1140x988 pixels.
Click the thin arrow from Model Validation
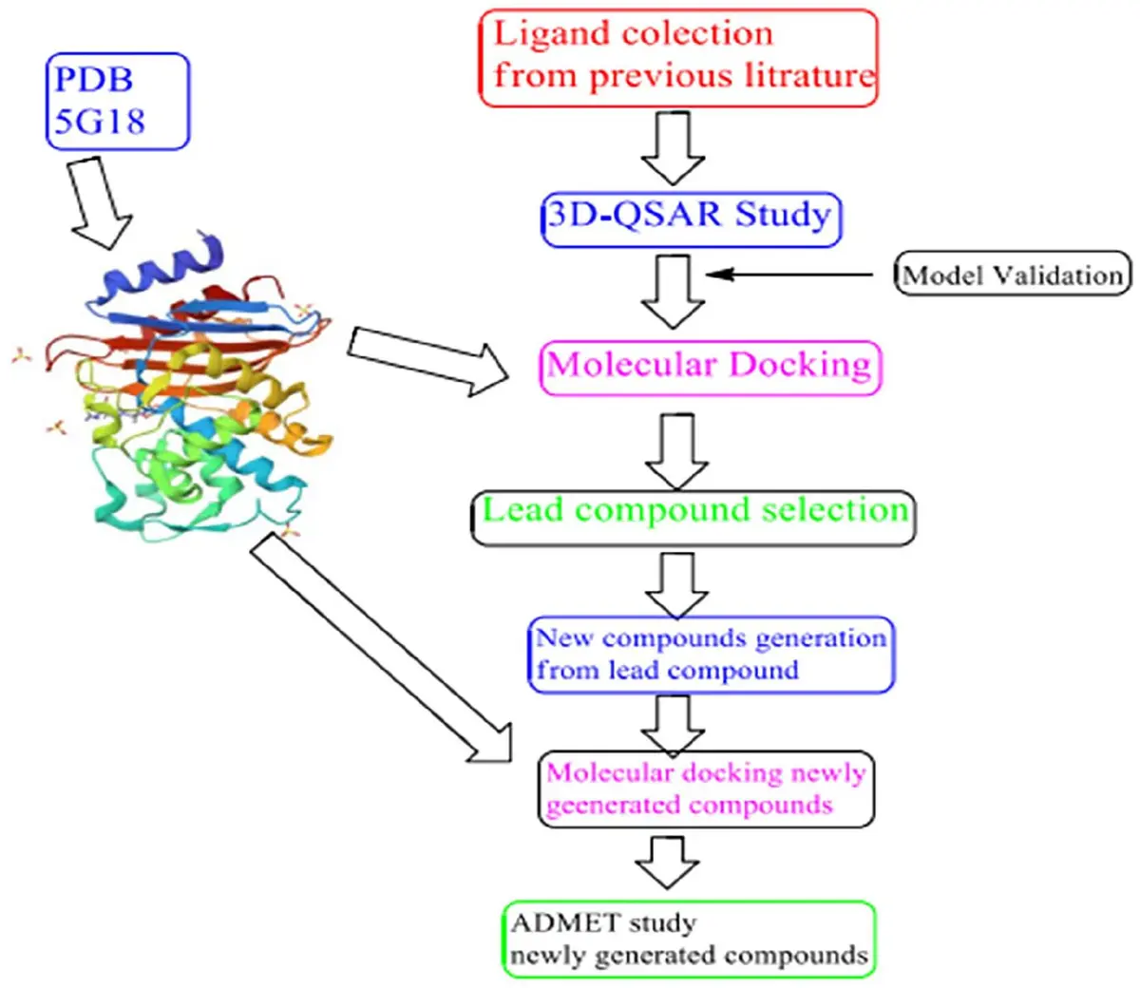(789, 274)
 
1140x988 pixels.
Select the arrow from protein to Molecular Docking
(428, 361)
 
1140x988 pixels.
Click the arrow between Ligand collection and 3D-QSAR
(673, 148)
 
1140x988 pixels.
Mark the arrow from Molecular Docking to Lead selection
(676, 451)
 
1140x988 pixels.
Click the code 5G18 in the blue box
(100, 121)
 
